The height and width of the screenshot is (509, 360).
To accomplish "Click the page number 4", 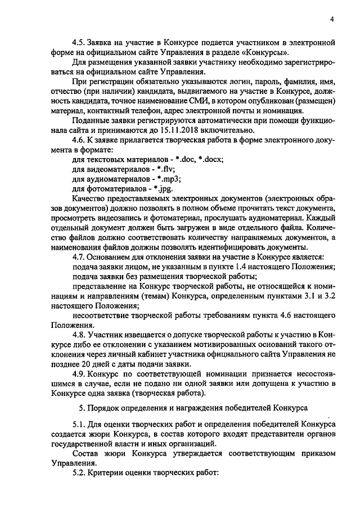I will click(x=332, y=19).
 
